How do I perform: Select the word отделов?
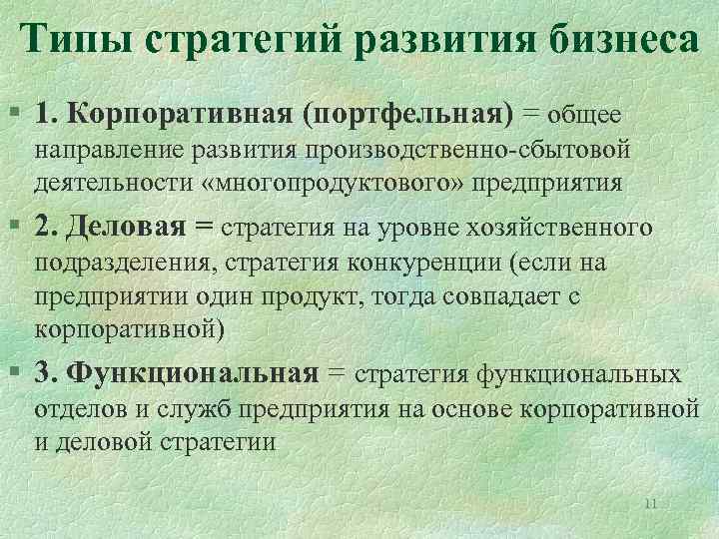(x=71, y=409)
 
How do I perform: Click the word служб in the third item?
(x=181, y=409)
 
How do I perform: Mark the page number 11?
(x=650, y=502)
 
